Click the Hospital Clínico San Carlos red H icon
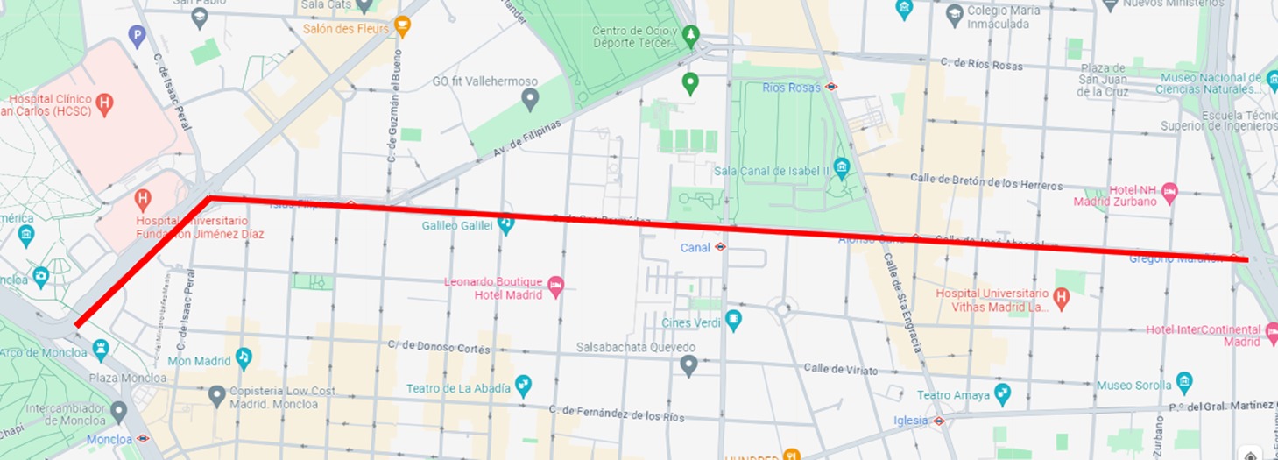104,104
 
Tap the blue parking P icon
136,36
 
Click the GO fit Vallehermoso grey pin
529,99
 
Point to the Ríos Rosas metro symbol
830,87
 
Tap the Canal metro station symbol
720,247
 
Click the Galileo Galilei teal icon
505,225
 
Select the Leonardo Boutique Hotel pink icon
555,286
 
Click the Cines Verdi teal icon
734,320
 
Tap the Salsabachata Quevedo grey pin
689,364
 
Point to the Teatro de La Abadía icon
523,385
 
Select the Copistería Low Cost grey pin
217,396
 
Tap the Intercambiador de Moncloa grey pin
120,411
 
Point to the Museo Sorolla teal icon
1184,382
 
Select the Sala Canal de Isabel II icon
842,167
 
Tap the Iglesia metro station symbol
938,421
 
